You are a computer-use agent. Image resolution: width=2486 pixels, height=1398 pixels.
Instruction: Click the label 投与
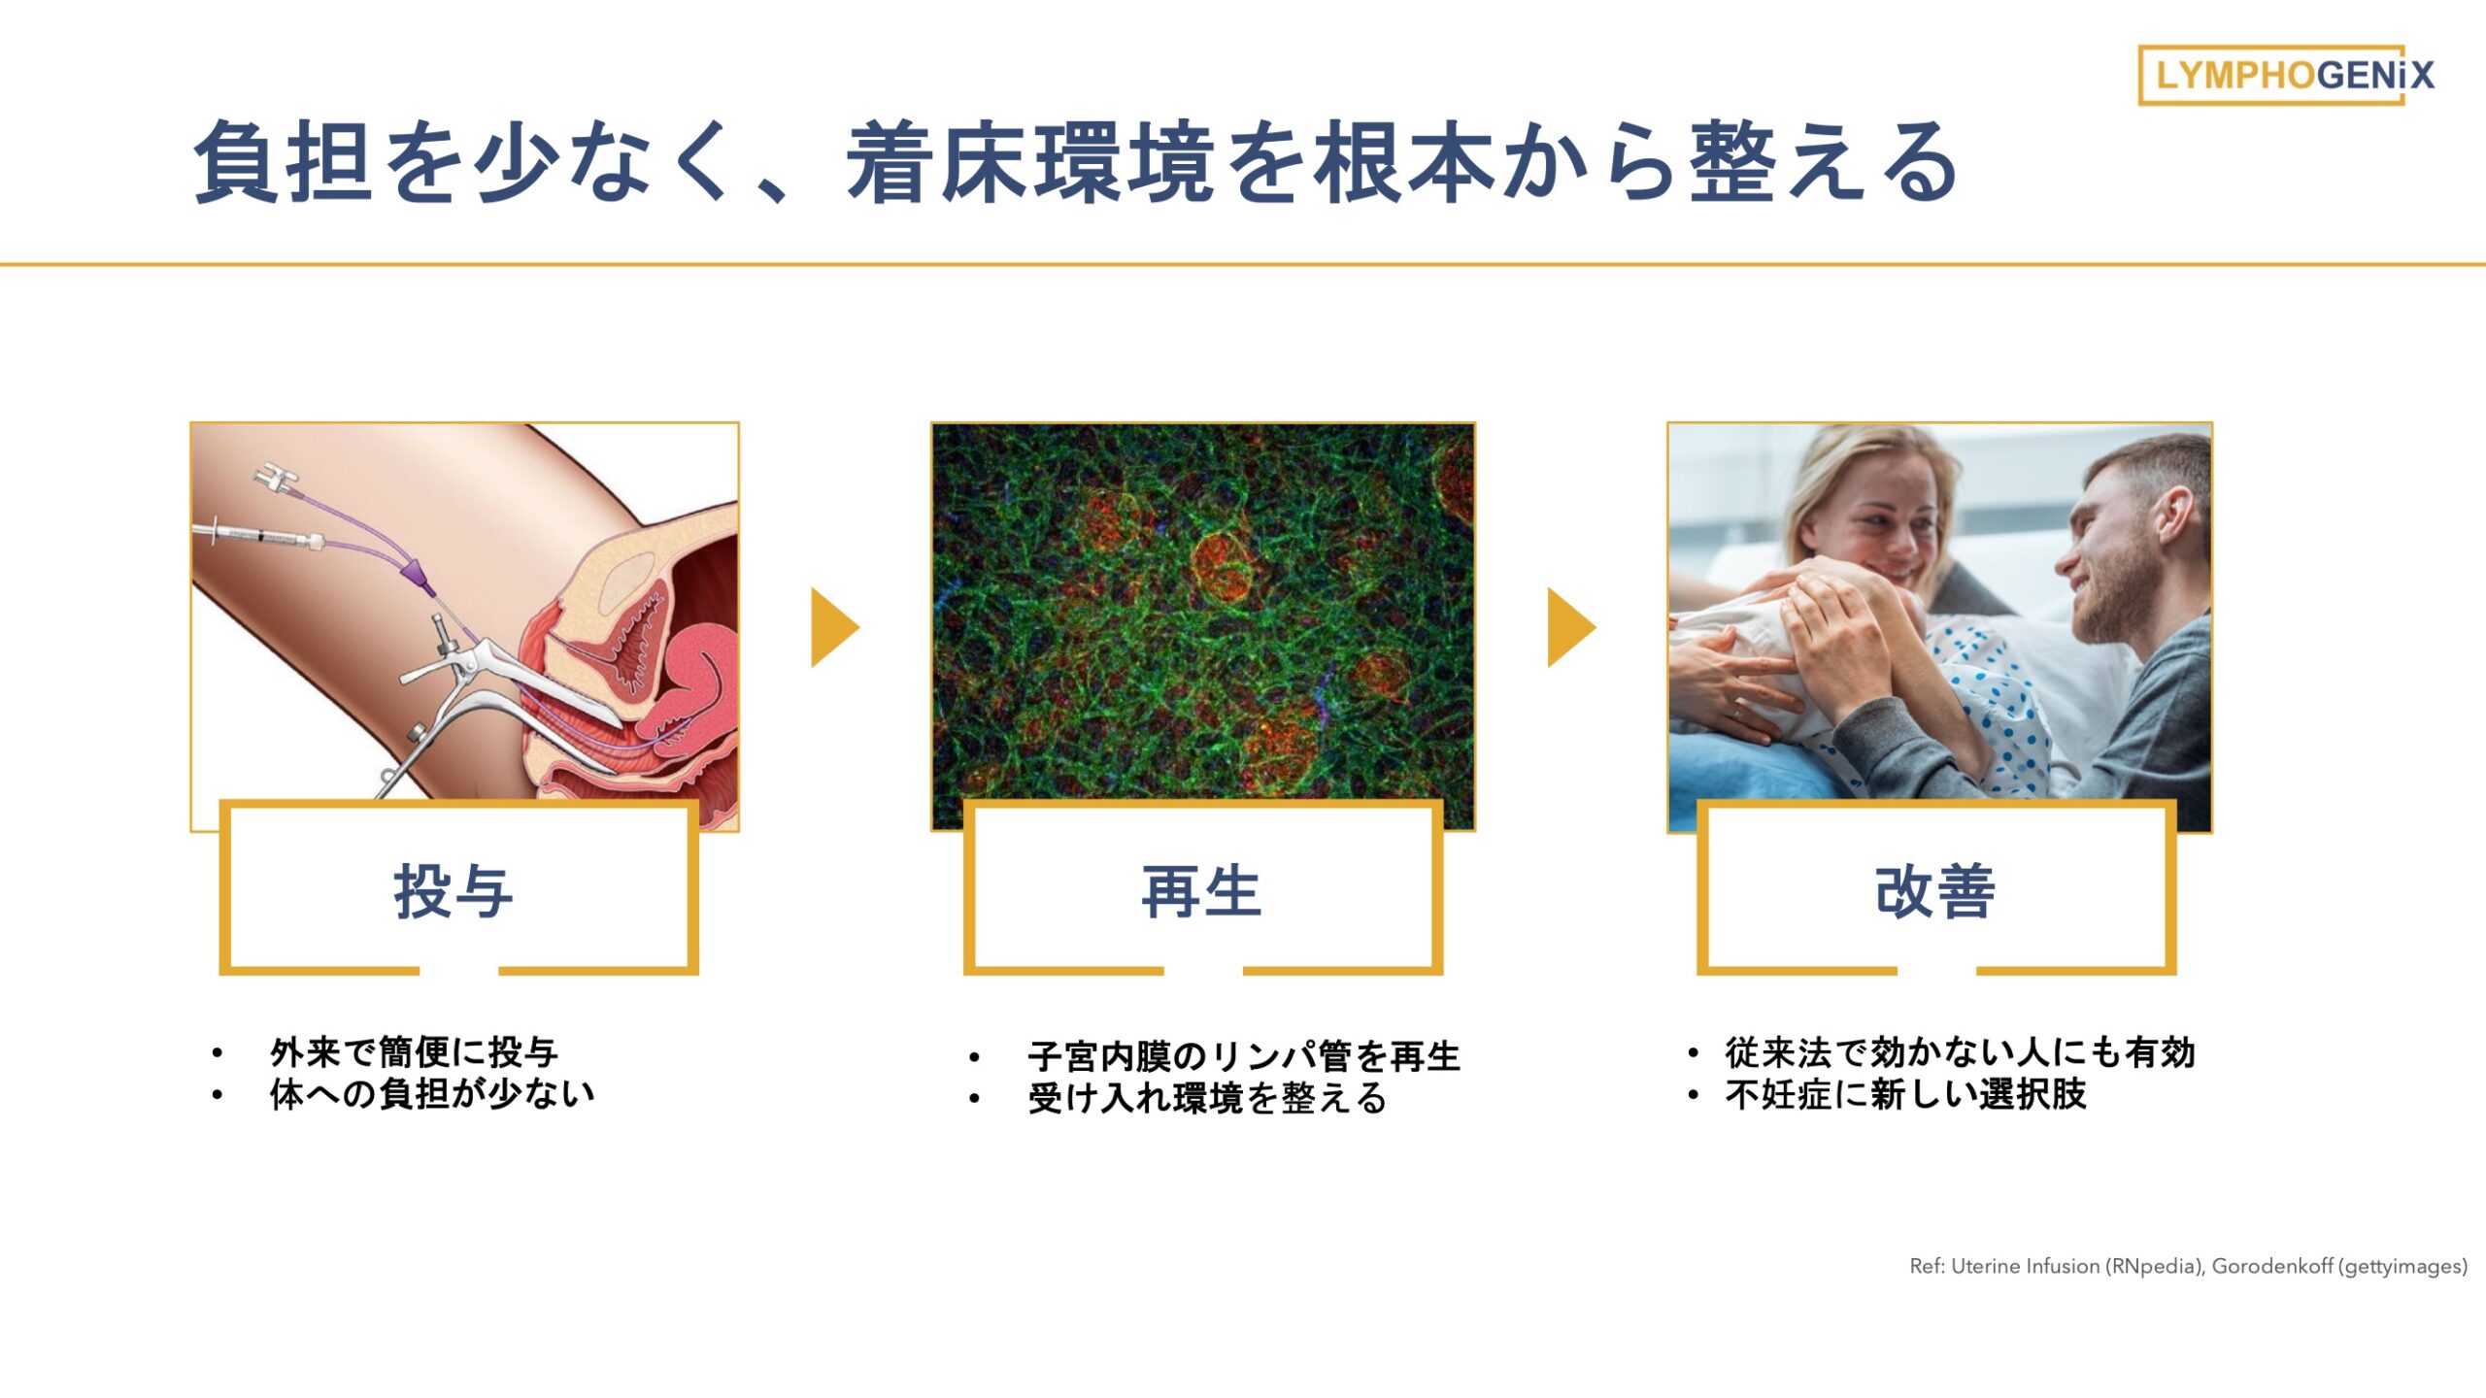pos(454,891)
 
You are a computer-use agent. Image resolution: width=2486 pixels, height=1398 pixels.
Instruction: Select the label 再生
pos(1201,891)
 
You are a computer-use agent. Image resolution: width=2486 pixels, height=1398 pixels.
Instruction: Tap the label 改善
pos(1935,891)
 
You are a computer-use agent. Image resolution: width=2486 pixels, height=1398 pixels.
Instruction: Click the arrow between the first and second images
pos(834,627)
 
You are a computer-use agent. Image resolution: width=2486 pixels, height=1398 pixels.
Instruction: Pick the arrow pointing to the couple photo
pos(1570,627)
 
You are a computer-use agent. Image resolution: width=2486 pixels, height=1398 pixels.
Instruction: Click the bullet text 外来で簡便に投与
pos(414,1051)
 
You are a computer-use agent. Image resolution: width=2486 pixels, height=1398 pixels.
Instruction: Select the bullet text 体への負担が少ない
pos(432,1094)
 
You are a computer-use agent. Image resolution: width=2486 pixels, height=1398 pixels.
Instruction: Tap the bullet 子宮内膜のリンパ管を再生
pos(1244,1056)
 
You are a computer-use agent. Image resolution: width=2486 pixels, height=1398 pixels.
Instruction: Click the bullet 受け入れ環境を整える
pos(1207,1099)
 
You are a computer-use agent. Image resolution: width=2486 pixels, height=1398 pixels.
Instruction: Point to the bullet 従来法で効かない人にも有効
pos(1960,1051)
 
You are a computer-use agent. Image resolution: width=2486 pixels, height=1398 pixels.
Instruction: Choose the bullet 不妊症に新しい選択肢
pos(1905,1094)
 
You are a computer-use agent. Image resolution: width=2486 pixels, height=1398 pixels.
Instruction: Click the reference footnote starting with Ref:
pos(2188,1266)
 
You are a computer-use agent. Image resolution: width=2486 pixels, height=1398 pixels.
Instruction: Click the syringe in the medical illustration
pos(259,535)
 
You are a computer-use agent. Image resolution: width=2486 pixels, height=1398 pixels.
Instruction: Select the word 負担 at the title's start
pos(284,163)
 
